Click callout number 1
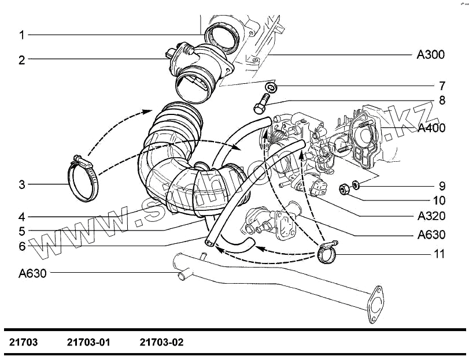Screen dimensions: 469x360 coord(21,35)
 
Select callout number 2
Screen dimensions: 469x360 coord(21,60)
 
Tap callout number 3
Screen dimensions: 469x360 coord(21,185)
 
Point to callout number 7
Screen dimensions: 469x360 coord(441,86)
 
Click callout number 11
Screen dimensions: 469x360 coord(441,254)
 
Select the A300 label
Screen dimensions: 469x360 coord(431,55)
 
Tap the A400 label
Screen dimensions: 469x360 coord(431,128)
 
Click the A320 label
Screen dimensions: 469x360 coord(431,216)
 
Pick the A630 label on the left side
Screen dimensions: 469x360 coord(32,273)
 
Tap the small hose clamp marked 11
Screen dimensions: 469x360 coord(326,252)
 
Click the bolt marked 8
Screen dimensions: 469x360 coord(261,107)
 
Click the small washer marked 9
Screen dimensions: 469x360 coord(357,185)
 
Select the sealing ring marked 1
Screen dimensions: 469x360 coord(222,38)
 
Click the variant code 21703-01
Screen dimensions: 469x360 coord(88,342)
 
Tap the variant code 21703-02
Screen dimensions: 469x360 coord(161,342)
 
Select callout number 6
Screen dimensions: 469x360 coord(21,246)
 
